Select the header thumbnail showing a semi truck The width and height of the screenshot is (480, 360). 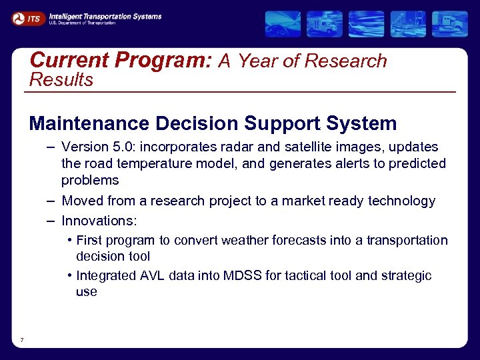point(449,24)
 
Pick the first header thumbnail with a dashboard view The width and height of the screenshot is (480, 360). point(283,24)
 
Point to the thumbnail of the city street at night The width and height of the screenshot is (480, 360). point(408,24)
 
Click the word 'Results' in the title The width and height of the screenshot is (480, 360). point(61,80)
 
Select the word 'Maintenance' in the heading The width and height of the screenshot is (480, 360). point(89,123)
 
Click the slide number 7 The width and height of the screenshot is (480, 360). point(22,341)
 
